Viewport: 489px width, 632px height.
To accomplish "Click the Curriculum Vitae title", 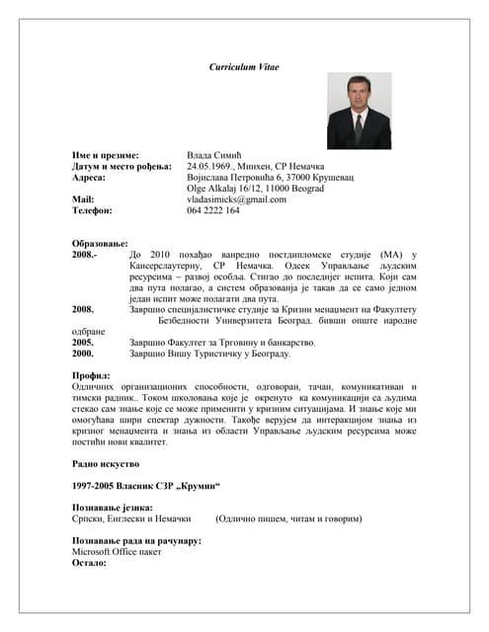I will click(x=244, y=66).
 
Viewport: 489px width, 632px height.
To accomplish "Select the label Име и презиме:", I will click(x=106, y=156).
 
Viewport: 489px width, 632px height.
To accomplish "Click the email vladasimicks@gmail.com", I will click(x=237, y=198).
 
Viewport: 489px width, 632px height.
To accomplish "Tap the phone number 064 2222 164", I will click(x=213, y=210).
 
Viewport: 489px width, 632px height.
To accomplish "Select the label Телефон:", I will click(x=93, y=210).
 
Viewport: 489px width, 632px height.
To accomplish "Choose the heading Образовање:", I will click(x=101, y=243).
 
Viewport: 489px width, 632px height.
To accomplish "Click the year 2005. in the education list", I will click(x=83, y=342).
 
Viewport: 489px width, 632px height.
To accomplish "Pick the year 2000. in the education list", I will click(x=83, y=353).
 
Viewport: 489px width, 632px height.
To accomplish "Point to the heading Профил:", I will click(x=91, y=376).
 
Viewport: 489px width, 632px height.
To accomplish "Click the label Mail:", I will click(x=83, y=198).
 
